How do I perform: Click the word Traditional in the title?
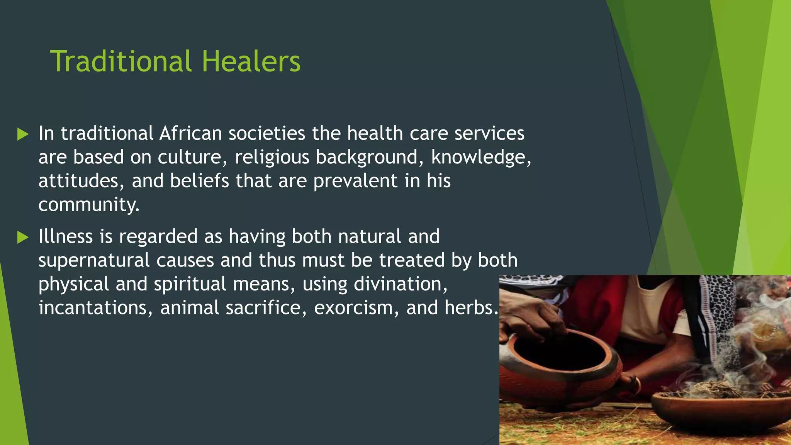point(121,61)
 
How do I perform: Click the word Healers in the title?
point(251,61)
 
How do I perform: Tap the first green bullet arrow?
point(23,134)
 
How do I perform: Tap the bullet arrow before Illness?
point(23,237)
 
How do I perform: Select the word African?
point(190,133)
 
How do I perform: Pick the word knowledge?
point(480,157)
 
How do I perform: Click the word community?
point(88,205)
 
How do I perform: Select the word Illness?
point(66,236)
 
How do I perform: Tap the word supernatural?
point(94,260)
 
